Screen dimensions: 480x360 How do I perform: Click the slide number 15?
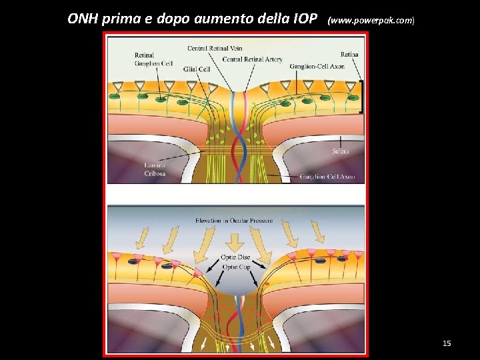(x=447, y=343)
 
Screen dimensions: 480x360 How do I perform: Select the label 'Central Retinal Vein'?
(x=215, y=49)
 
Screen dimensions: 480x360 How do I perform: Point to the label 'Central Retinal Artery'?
(x=252, y=59)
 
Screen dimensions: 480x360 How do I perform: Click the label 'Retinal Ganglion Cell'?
(x=153, y=59)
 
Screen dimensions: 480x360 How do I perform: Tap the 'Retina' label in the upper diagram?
(x=349, y=54)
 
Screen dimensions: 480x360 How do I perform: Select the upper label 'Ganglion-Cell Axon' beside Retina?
(x=317, y=67)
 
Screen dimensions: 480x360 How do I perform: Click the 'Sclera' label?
(x=340, y=151)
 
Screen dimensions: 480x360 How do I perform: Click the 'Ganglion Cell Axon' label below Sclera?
(x=327, y=177)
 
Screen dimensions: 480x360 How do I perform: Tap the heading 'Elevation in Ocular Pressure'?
(x=234, y=220)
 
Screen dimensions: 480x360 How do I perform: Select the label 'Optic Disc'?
(x=235, y=257)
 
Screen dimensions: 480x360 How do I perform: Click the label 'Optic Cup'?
(x=235, y=267)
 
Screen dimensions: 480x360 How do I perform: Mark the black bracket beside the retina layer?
(x=361, y=97)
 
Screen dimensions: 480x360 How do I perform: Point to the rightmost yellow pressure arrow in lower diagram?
(x=319, y=232)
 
